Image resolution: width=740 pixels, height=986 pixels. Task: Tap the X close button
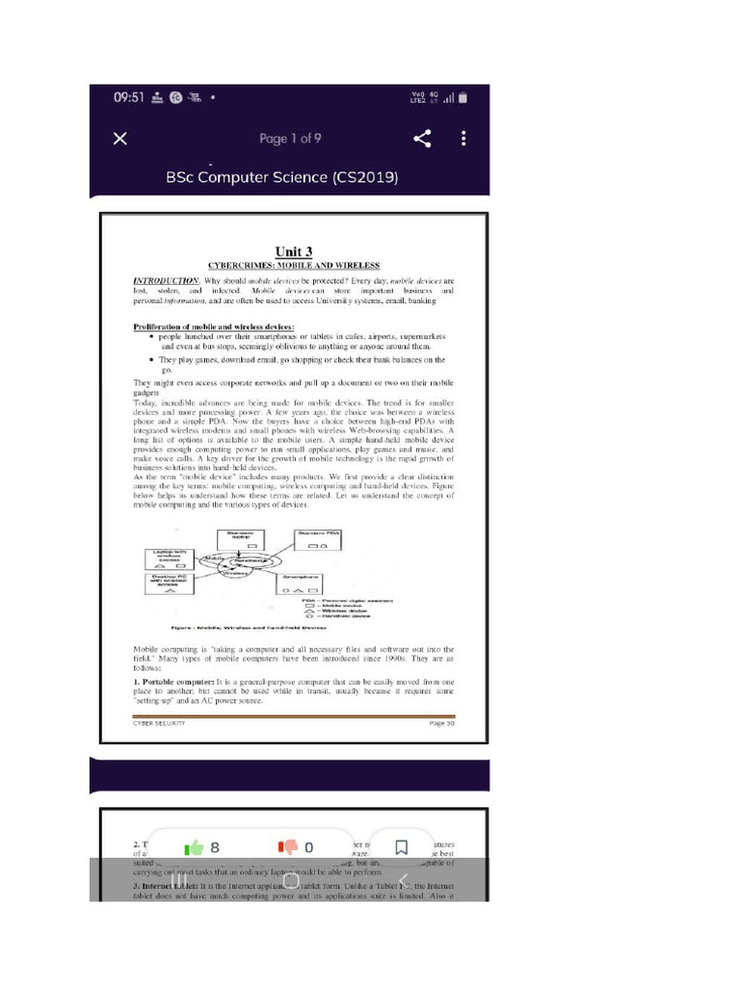click(x=119, y=139)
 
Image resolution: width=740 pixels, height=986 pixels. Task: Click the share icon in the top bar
click(x=422, y=139)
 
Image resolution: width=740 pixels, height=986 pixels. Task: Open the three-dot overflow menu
click(x=463, y=139)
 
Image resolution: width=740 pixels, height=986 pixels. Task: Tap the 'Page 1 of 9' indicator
click(x=290, y=139)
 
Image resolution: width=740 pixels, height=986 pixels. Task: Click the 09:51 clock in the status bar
click(x=128, y=97)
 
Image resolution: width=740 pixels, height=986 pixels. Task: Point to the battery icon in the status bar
click(x=462, y=97)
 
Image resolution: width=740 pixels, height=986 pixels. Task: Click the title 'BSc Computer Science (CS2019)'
click(x=282, y=178)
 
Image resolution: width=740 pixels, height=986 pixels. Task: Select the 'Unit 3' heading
click(x=294, y=251)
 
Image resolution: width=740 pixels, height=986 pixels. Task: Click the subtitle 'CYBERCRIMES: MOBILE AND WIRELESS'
click(x=294, y=265)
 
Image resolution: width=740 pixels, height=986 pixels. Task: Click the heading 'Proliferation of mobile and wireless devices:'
click(x=213, y=327)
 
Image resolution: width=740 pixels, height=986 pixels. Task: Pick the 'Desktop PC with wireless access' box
click(x=170, y=584)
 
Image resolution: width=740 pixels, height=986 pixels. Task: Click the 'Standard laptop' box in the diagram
click(x=240, y=539)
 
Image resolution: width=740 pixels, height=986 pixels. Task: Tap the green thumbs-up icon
click(x=195, y=847)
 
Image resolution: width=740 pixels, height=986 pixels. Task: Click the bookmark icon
click(x=402, y=847)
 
